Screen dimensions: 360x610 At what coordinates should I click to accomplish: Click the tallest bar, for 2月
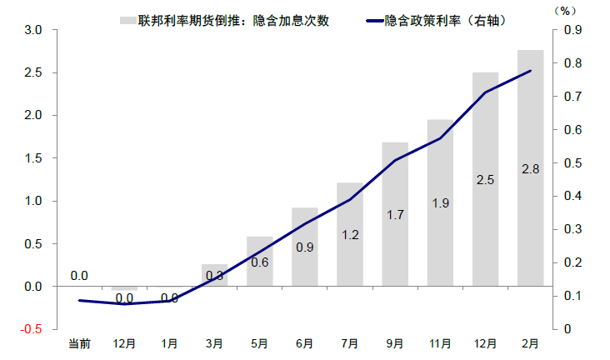(x=530, y=125)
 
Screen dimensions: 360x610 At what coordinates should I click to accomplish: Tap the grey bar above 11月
(x=440, y=167)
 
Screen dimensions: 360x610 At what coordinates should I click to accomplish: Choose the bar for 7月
(x=350, y=208)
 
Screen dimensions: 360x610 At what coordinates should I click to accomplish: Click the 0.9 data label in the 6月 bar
(x=305, y=247)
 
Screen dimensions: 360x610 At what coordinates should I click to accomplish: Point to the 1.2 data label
(x=350, y=235)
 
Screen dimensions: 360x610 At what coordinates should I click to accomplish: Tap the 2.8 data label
(x=530, y=169)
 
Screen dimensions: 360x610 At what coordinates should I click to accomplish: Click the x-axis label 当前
(x=79, y=342)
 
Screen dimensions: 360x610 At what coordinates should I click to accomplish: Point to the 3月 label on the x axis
(x=214, y=342)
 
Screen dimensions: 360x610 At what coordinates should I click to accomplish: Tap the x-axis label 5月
(x=259, y=342)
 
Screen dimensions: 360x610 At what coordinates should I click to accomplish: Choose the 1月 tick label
(x=169, y=342)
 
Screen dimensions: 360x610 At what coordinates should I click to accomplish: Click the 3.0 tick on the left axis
(x=33, y=30)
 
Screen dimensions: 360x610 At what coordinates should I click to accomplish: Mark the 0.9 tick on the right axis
(x=574, y=30)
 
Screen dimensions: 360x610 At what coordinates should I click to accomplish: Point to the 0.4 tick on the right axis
(x=574, y=196)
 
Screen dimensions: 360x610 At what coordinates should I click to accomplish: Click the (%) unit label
(x=566, y=11)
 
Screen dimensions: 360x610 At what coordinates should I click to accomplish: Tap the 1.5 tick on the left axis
(x=33, y=158)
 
